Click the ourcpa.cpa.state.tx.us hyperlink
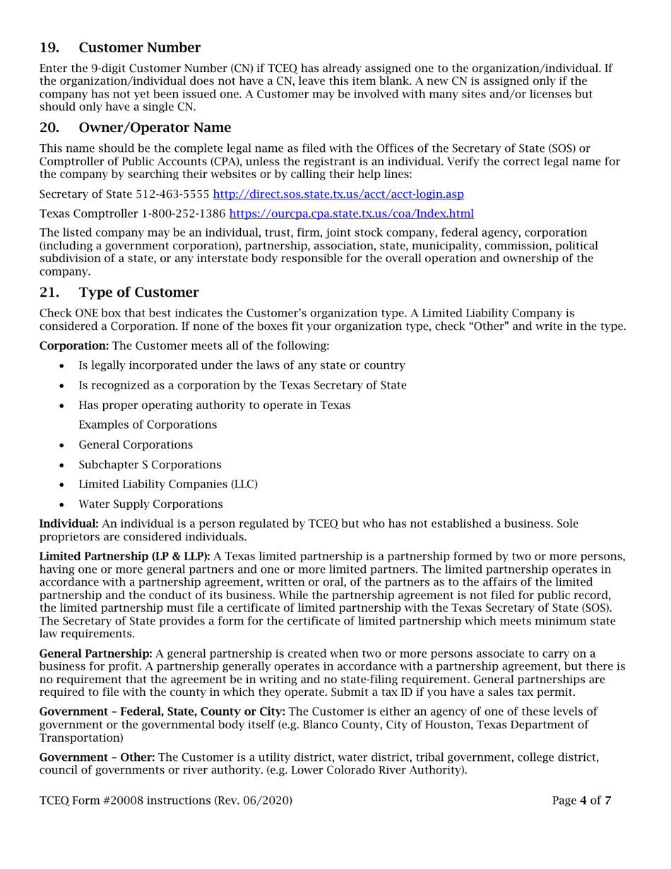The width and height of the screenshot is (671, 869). pos(351,213)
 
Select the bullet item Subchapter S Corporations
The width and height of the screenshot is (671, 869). pos(150,464)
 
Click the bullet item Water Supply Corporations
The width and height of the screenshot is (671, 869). pos(151,504)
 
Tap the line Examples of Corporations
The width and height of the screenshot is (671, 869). pos(148,425)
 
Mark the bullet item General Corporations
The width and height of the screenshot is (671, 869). pos(136,444)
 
